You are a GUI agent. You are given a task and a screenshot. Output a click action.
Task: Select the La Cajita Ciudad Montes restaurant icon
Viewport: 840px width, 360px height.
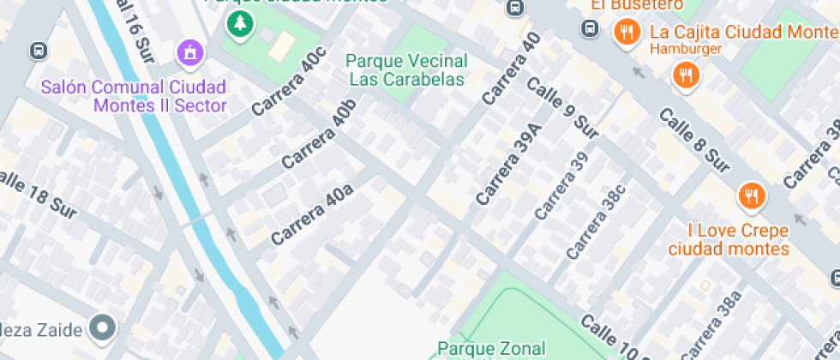627,33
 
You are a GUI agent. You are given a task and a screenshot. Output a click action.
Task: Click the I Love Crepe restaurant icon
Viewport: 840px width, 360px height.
751,196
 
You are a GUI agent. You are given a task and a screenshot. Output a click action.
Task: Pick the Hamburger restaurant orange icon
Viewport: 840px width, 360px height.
686,75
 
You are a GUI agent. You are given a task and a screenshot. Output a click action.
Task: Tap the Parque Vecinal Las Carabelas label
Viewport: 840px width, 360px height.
407,70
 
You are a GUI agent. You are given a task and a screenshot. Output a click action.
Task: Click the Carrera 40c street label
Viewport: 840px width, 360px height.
290,82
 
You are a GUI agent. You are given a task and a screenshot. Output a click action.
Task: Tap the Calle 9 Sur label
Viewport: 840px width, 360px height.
562,108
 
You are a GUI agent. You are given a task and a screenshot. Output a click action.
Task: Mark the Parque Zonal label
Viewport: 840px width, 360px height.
491,348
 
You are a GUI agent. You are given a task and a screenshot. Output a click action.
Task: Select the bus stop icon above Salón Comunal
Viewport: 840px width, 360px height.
38,51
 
